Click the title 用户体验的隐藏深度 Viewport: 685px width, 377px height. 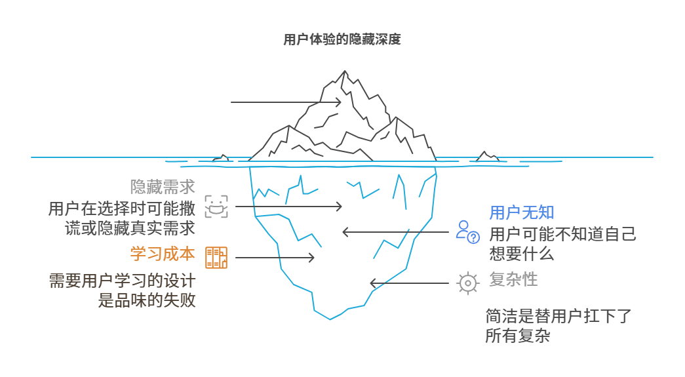tap(342, 40)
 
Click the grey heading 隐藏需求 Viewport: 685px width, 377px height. tap(163, 187)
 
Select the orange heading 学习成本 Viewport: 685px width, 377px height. tap(163, 254)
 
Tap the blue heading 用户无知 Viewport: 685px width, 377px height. tap(522, 212)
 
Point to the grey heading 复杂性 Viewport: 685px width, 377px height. tap(513, 279)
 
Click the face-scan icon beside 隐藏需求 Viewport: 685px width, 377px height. tap(216, 206)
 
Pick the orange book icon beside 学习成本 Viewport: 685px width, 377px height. tap(216, 258)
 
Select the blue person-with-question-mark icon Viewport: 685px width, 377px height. tap(468, 231)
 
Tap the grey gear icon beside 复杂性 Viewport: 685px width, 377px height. tap(467, 283)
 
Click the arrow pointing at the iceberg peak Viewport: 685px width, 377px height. tap(286, 102)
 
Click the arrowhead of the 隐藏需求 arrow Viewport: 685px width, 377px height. tap(339, 207)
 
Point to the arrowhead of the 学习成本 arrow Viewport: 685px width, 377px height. tap(311, 258)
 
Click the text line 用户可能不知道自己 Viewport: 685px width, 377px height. tap(563, 234)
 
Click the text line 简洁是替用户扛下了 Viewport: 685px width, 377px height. tap(558, 316)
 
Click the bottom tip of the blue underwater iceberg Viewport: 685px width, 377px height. tap(331, 318)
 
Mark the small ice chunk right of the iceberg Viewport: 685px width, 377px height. tap(487, 157)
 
